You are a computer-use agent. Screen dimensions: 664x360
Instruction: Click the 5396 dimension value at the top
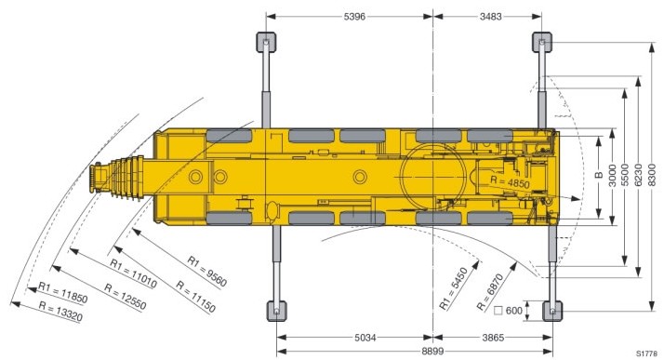[x=354, y=17]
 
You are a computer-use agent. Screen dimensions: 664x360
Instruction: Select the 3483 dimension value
[x=491, y=17]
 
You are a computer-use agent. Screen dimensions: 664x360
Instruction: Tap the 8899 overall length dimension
[x=432, y=351]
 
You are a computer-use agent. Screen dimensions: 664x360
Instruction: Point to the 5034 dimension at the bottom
[x=365, y=338]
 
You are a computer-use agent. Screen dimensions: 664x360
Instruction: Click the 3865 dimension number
[x=493, y=338]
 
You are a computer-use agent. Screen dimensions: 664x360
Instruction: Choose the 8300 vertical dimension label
[x=652, y=175]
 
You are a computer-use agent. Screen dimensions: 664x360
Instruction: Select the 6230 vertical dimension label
[x=639, y=175]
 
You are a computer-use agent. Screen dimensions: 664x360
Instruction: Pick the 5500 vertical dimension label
[x=624, y=175]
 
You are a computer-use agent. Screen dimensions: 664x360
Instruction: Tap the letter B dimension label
[x=599, y=175]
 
